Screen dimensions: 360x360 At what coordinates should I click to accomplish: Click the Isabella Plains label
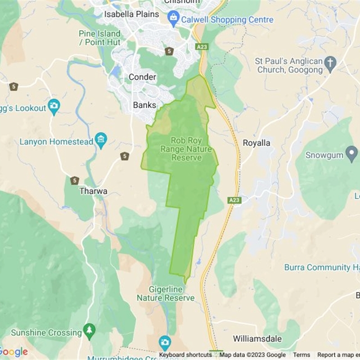[x=131, y=14]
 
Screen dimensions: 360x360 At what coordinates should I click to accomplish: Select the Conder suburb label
[x=142, y=77]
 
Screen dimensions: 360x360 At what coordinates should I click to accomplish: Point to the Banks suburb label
[x=144, y=105]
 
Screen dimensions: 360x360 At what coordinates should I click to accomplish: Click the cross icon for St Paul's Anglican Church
[x=331, y=65]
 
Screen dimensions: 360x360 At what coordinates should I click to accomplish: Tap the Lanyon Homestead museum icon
[x=101, y=141]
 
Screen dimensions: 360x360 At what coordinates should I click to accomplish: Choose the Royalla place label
[x=256, y=143]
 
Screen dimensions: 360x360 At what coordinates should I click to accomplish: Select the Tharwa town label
[x=93, y=191]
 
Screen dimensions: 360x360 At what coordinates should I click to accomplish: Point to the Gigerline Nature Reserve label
[x=166, y=294]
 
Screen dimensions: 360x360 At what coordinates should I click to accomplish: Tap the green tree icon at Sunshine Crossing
[x=90, y=332]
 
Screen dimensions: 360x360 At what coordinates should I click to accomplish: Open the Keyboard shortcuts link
[x=185, y=355]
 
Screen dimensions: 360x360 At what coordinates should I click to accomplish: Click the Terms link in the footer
[x=301, y=355]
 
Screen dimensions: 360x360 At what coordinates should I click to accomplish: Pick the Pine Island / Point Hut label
[x=99, y=38]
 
